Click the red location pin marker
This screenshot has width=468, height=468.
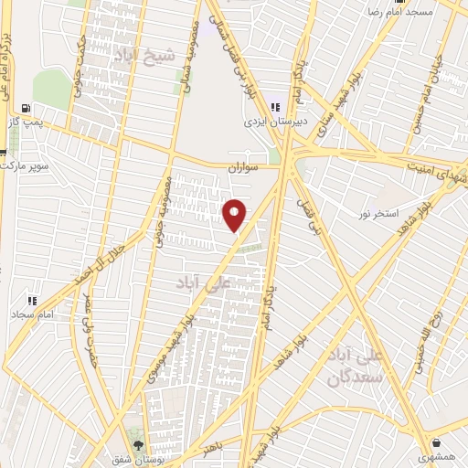235,215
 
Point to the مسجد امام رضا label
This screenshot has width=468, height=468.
399,13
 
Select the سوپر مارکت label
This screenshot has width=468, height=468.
25,168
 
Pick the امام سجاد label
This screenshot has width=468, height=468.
34,314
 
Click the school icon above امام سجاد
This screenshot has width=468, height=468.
32,301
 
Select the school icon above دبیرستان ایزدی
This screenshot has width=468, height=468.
275,107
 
